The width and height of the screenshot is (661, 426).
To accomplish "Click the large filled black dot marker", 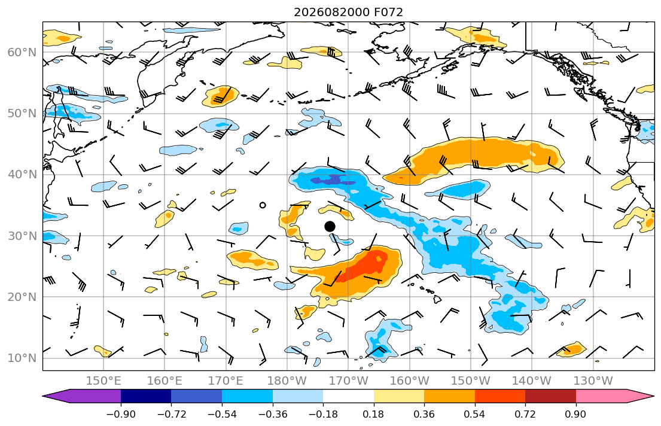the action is point(330,227).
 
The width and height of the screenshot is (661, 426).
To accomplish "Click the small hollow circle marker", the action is point(263,205).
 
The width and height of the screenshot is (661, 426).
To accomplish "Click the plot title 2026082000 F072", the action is point(348,12).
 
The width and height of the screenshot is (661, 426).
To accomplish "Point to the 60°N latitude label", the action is point(22,52).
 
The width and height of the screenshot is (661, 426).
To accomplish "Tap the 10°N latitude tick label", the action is point(22,358).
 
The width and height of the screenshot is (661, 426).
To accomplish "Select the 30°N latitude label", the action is point(22,236).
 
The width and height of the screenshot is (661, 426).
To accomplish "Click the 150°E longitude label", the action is point(103,381).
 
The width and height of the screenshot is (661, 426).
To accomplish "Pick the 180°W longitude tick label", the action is point(287,381).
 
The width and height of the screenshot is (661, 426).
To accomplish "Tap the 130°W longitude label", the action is point(593,381).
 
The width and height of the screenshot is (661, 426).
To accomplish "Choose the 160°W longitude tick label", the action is point(409,381).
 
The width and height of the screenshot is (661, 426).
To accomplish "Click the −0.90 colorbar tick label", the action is point(121,414).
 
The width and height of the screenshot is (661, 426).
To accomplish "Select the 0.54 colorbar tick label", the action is point(475,414).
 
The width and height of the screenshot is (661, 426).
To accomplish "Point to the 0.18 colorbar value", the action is point(373,414).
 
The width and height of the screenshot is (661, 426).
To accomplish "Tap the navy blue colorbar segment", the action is point(146,396).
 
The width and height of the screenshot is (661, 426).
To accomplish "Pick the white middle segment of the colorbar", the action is point(348,396).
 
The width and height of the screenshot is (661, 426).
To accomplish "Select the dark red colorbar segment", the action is point(550,396).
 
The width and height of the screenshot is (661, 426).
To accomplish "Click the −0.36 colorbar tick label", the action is point(273,414).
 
